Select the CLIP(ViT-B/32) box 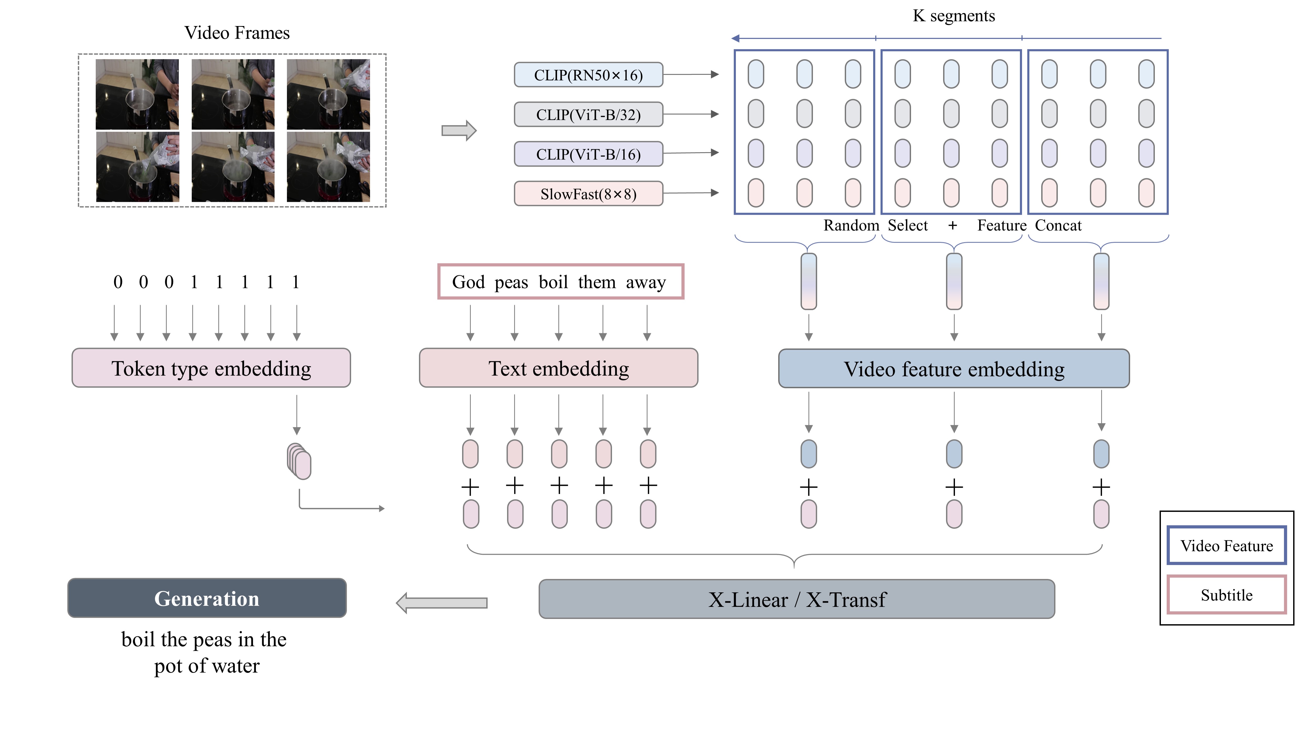pos(588,114)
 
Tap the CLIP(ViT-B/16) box pos(588,154)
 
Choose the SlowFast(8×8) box pos(588,194)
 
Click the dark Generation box pos(207,598)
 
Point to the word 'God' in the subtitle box pos(468,282)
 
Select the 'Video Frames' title pos(237,33)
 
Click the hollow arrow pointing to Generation pos(442,603)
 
